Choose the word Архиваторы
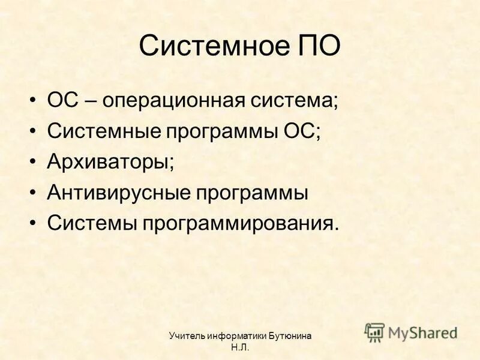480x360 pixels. point(110,161)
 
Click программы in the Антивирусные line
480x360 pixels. point(250,193)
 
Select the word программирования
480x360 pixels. point(240,224)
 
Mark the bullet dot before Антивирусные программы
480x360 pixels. point(34,193)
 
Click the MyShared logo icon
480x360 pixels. point(375,332)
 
